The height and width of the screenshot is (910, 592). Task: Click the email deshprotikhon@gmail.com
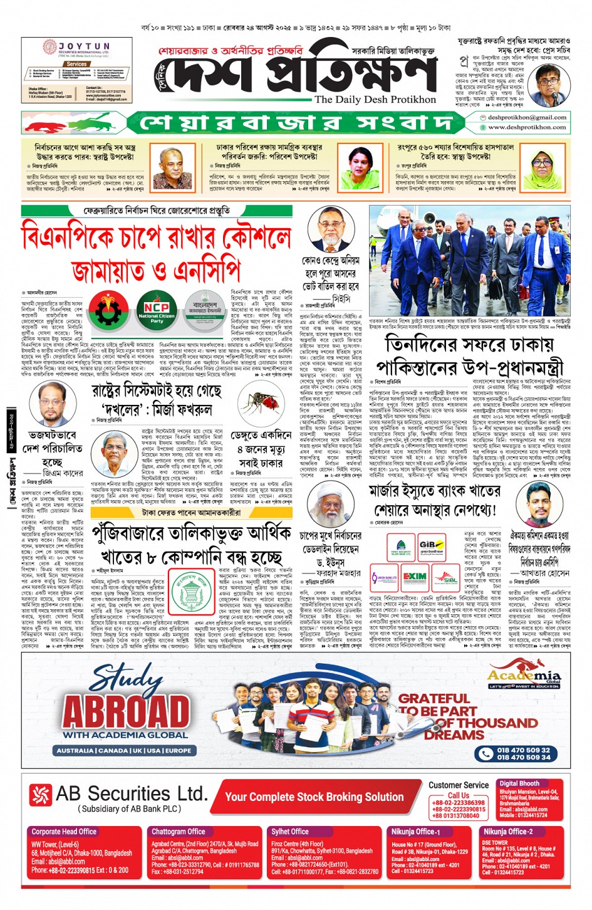pyautogui.click(x=527, y=117)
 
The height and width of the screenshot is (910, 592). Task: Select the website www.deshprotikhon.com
pyautogui.click(x=527, y=127)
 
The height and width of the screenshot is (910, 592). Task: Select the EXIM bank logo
pyautogui.click(x=414, y=576)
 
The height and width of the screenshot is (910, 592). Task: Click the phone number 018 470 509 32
pyautogui.click(x=523, y=750)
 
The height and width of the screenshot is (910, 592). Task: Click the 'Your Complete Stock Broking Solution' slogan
pyautogui.click(x=314, y=797)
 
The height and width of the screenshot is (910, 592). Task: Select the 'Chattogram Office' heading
pyautogui.click(x=179, y=831)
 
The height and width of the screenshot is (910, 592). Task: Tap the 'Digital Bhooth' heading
pyautogui.click(x=519, y=783)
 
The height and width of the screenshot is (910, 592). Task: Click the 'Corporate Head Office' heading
pyautogui.click(x=64, y=831)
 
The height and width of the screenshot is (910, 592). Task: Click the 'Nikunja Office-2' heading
pyautogui.click(x=507, y=831)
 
